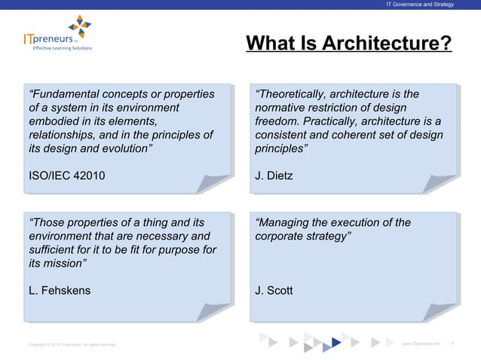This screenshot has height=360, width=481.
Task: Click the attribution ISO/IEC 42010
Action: pos(66,176)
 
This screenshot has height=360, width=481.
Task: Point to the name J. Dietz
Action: pos(274,176)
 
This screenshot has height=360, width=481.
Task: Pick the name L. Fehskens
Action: pos(59,291)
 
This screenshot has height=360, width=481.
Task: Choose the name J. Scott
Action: pos(275,291)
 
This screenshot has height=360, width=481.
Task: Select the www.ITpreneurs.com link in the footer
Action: pos(421,343)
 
